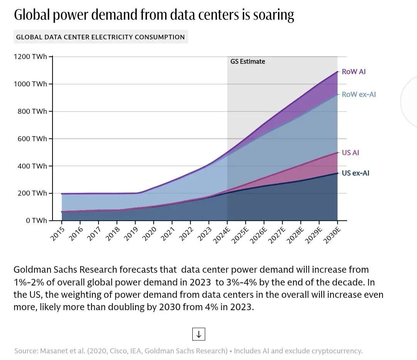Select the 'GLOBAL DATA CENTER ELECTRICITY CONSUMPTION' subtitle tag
click(100, 37)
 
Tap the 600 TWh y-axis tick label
click(32, 139)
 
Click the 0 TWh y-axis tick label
click(37, 220)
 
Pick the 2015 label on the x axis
click(58, 232)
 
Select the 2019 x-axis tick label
click(131, 232)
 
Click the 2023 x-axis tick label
click(204, 232)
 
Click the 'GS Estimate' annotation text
click(248, 61)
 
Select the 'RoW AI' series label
click(354, 72)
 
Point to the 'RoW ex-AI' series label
click(359, 94)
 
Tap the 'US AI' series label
click(350, 153)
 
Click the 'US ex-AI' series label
click(355, 173)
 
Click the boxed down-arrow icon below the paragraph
click(198, 334)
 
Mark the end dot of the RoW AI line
click(337, 72)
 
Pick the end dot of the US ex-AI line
click(337, 173)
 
